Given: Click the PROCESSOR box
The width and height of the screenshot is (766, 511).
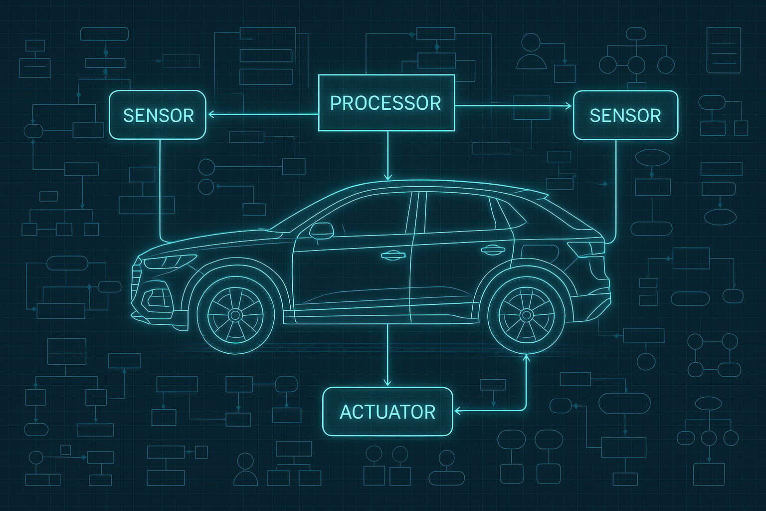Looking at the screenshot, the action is [386, 103].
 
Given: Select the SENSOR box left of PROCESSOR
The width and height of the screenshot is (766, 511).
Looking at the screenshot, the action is [158, 115].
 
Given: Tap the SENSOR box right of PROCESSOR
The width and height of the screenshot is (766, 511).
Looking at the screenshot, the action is [625, 115].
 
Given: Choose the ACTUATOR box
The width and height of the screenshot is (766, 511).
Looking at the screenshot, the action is [387, 411].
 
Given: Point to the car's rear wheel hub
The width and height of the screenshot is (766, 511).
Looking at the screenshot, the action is [526, 314].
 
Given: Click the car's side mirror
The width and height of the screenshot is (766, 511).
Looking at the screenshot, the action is [321, 230].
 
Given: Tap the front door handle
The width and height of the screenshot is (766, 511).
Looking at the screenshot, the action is [392, 256].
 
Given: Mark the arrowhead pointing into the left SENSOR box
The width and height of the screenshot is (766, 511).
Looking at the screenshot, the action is [211, 115].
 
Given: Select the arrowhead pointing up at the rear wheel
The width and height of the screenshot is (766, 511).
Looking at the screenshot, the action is [526, 356].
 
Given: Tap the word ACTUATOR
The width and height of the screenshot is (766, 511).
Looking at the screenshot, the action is [387, 412].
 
